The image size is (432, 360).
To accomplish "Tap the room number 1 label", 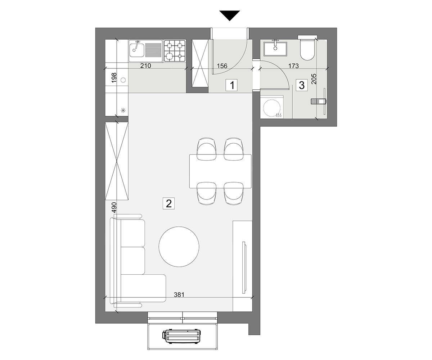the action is [x=232, y=85].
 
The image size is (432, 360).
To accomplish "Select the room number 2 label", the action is [x=168, y=203].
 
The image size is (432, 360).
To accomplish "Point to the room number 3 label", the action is [x=302, y=85].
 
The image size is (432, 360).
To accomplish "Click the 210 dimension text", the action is [x=146, y=66].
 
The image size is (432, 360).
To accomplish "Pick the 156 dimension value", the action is [x=222, y=66].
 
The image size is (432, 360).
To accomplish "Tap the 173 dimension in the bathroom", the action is [x=293, y=66].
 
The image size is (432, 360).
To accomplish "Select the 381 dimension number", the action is [x=179, y=294].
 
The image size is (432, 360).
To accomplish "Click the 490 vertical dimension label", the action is [x=114, y=207].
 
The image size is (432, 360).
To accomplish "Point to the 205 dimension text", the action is [x=314, y=79].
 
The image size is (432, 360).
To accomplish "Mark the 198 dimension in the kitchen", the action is [x=114, y=78].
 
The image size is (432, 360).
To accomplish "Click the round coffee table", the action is [x=179, y=247].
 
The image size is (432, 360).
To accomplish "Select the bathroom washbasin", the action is [x=275, y=49].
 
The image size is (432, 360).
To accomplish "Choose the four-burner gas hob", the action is [x=174, y=51].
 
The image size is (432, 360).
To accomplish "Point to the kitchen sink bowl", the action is [x=136, y=50].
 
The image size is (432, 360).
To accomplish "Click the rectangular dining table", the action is [x=220, y=171].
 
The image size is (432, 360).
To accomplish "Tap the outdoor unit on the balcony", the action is [x=181, y=337].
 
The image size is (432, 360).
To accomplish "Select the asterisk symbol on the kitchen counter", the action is [x=123, y=110].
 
